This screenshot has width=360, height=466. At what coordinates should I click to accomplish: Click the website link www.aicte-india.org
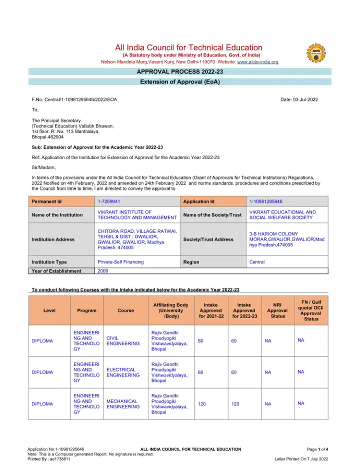pyautogui.click(x=257, y=62)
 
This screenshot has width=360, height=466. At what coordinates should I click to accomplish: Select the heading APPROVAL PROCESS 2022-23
pyautogui.click(x=180, y=72)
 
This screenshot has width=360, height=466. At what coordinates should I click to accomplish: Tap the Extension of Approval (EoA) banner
pyautogui.click(x=180, y=81)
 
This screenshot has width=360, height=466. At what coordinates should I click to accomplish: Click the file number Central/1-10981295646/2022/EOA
pyautogui.click(x=74, y=99)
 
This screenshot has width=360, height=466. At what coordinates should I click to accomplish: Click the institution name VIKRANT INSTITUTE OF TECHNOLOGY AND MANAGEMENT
pyautogui.click(x=137, y=215)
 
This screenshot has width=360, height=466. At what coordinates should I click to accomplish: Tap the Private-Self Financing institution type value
pyautogui.click(x=120, y=262)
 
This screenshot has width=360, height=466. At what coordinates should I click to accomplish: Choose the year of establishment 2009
pyautogui.click(x=103, y=271)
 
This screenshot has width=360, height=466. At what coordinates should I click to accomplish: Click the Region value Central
pyautogui.click(x=257, y=262)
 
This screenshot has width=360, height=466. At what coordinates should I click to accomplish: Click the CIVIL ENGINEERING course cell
pyautogui.click(x=123, y=341)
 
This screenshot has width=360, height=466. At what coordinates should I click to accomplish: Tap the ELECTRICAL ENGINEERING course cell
pyautogui.click(x=123, y=372)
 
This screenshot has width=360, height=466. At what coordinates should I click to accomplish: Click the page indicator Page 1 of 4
pyautogui.click(x=317, y=449)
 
